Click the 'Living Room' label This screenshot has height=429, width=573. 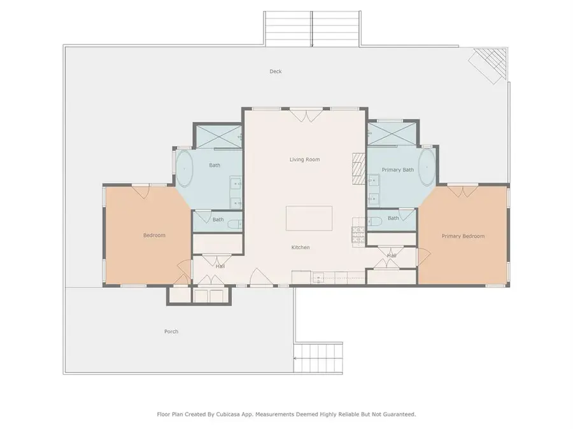click(304, 160)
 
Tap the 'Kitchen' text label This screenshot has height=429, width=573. click(301, 247)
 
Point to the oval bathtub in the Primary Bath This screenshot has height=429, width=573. click(427, 168)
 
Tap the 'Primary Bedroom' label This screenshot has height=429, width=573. click(463, 236)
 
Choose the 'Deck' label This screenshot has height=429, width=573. click(275, 72)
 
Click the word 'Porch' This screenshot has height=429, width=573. click(171, 332)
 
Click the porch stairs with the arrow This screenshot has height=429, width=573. click(318, 359)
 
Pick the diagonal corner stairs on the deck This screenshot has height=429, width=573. click(488, 65)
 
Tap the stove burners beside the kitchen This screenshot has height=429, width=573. click(357, 234)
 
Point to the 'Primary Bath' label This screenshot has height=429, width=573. click(398, 170)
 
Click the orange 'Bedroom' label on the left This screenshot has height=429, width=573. click(154, 236)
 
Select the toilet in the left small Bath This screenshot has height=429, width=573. click(236, 222)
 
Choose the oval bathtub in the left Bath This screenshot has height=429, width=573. click(185, 168)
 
